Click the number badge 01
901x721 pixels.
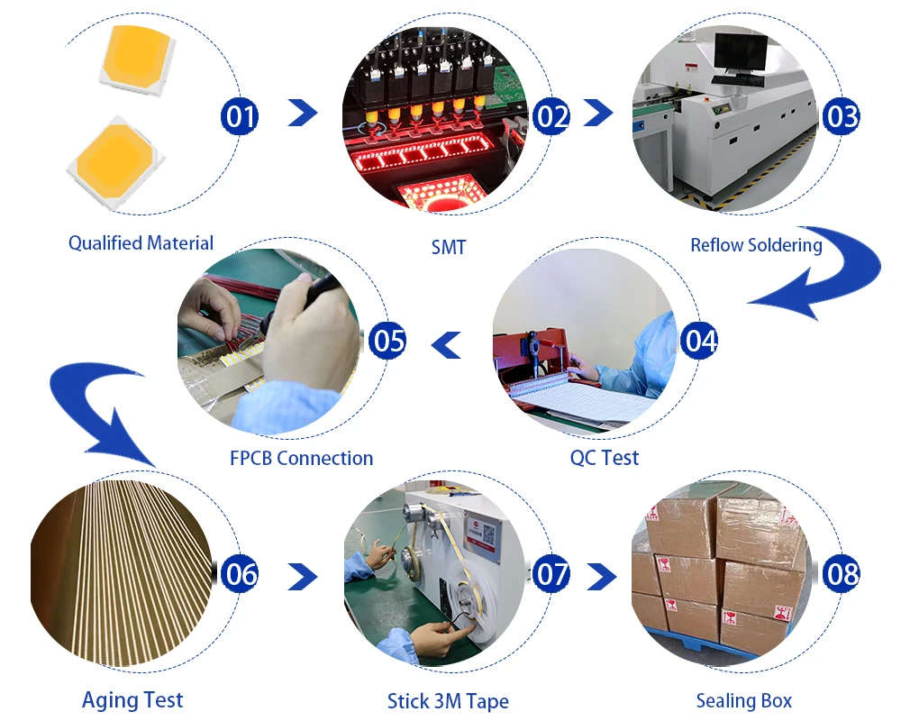click(240, 116)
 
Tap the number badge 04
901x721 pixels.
click(699, 341)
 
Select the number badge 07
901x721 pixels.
click(551, 574)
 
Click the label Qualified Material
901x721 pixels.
click(141, 242)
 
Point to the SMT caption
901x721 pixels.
click(449, 246)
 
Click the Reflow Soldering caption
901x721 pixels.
click(756, 244)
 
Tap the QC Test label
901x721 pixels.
click(605, 457)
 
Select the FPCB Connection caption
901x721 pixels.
click(301, 458)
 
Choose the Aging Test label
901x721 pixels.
click(132, 699)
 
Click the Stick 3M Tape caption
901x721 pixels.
click(448, 700)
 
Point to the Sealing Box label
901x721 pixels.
click(744, 700)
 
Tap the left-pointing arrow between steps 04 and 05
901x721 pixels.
click(446, 343)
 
